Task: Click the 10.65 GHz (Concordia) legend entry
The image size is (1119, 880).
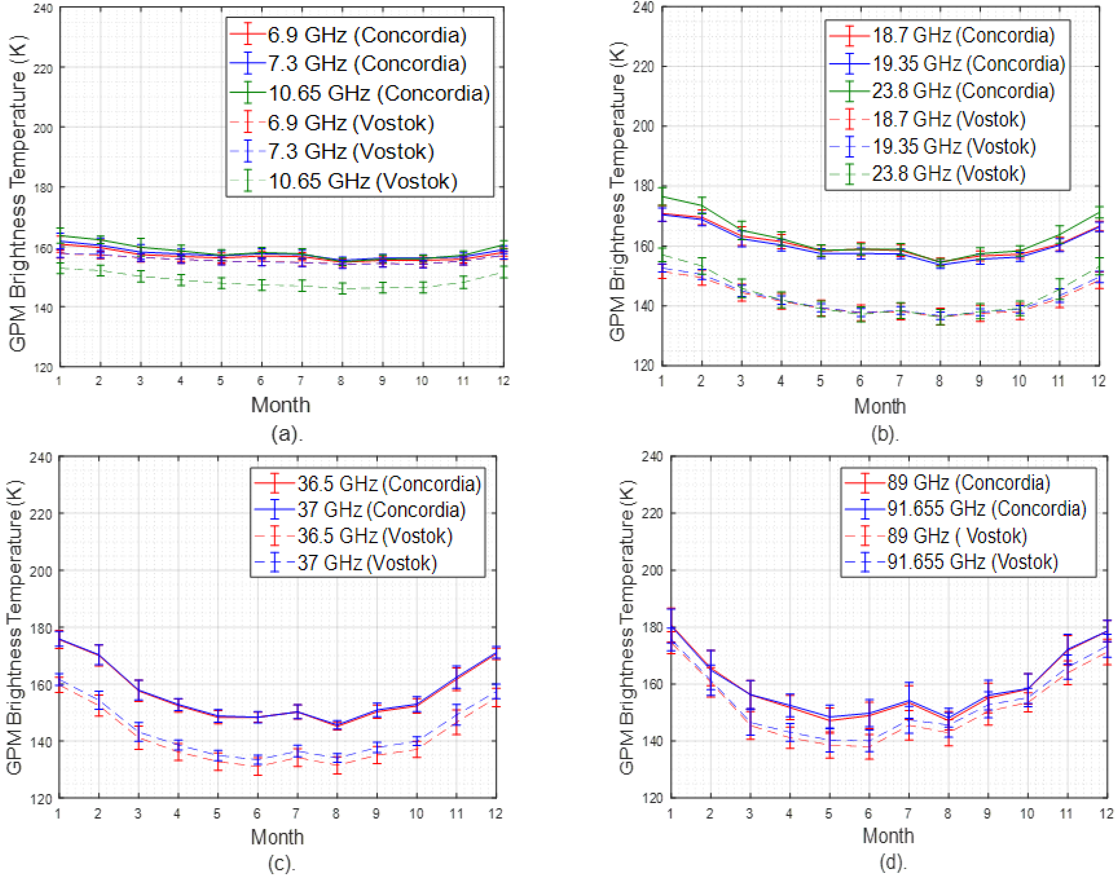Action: click(379, 93)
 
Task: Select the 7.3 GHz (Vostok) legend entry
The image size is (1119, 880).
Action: click(351, 152)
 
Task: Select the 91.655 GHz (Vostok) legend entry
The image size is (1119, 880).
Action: click(972, 562)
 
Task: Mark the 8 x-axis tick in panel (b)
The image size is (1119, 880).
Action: click(939, 381)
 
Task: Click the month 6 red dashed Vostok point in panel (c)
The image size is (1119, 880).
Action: click(257, 766)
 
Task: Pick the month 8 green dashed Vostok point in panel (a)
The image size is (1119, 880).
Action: click(341, 289)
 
